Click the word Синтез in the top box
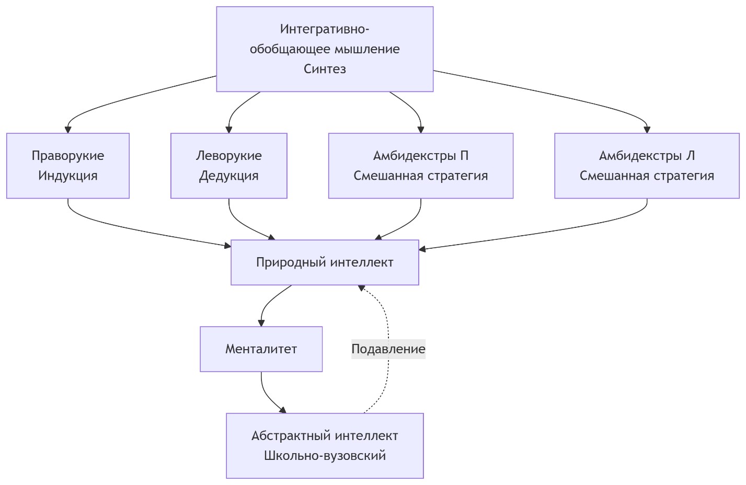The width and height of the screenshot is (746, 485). pyautogui.click(x=325, y=69)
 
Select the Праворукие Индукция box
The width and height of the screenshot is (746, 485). pyautogui.click(x=68, y=166)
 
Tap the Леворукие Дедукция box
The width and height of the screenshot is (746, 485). pyautogui.click(x=229, y=166)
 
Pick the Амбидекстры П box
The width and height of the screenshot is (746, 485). pyautogui.click(x=421, y=166)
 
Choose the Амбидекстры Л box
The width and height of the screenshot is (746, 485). pyautogui.click(x=647, y=166)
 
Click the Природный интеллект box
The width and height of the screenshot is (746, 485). pyautogui.click(x=325, y=262)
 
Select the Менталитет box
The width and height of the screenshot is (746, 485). pyautogui.click(x=261, y=349)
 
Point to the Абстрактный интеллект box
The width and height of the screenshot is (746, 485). pyautogui.click(x=325, y=446)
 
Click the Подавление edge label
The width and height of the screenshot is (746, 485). pyautogui.click(x=388, y=349)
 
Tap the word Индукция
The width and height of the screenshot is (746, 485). pyautogui.click(x=68, y=176)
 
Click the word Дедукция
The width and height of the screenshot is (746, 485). pyautogui.click(x=229, y=176)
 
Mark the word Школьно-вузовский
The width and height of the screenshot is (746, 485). pyautogui.click(x=325, y=456)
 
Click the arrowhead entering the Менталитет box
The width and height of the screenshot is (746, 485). pyautogui.click(x=261, y=323)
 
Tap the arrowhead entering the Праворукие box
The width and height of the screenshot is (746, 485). pyautogui.click(x=68, y=130)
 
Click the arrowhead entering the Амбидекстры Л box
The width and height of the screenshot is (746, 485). pyautogui.click(x=647, y=130)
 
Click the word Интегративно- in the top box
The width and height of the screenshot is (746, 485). pyautogui.click(x=325, y=29)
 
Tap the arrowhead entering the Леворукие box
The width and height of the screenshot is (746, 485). pyautogui.click(x=229, y=130)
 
